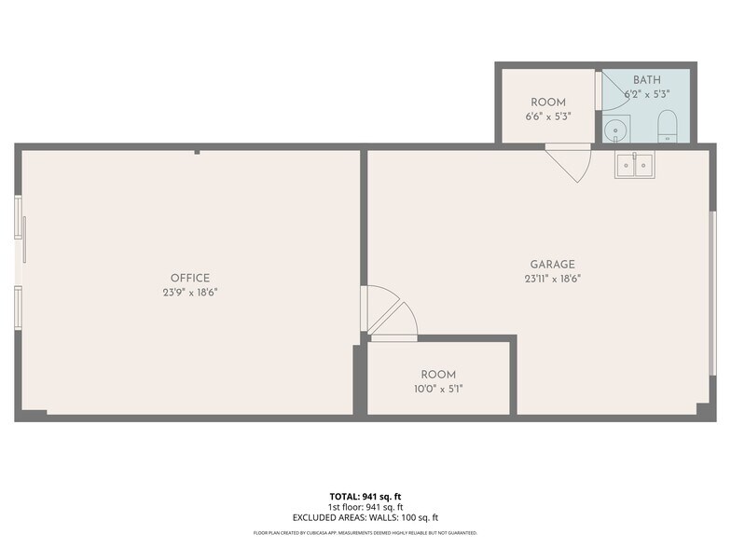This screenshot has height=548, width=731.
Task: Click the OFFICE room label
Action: click(x=190, y=278)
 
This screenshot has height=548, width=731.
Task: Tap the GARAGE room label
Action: click(x=552, y=265)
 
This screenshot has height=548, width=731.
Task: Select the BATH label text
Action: click(x=647, y=80)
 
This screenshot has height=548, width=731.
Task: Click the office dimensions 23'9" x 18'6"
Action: click(x=190, y=293)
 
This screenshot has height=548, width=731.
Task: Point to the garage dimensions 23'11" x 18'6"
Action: click(x=552, y=279)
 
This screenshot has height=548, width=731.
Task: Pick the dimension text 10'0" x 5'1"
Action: click(x=438, y=389)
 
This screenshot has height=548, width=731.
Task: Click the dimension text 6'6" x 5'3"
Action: click(x=548, y=116)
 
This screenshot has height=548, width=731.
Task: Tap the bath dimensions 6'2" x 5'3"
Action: click(x=647, y=93)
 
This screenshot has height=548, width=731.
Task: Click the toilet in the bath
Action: click(x=667, y=127)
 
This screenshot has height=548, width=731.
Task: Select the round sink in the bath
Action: click(x=616, y=129)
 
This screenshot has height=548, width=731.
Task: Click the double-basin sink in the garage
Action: click(x=634, y=164)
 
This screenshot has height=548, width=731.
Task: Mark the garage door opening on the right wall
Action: click(x=712, y=293)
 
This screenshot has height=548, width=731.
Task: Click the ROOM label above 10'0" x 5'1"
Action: click(x=438, y=375)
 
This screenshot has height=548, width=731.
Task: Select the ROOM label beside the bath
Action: click(x=548, y=103)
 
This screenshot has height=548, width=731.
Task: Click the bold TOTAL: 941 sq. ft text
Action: click(x=365, y=496)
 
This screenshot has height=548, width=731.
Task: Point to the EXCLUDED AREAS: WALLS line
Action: click(x=365, y=517)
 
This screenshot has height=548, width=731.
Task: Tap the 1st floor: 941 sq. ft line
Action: click(x=365, y=507)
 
